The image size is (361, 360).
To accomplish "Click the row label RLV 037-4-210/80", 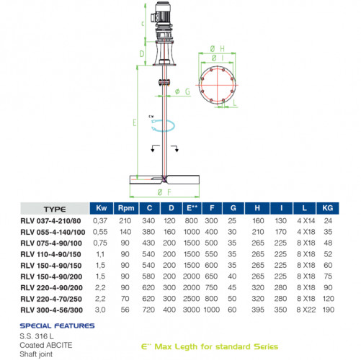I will (x=49, y=220).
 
